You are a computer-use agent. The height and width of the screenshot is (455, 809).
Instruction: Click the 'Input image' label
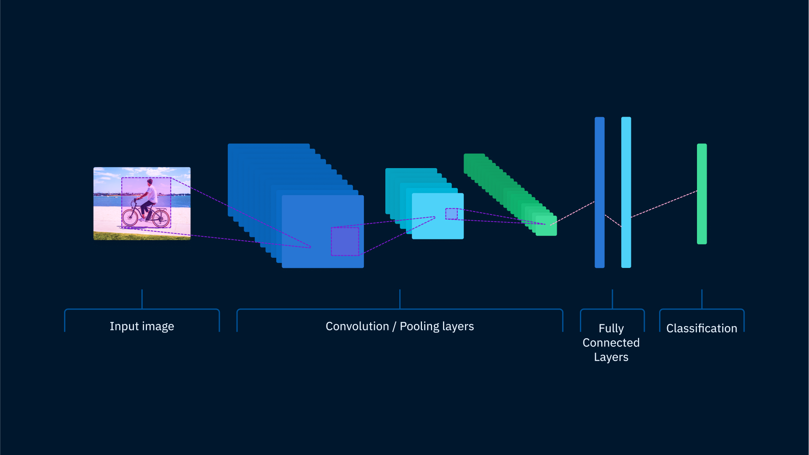(142, 327)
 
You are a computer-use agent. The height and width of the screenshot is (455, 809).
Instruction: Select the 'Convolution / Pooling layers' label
(400, 327)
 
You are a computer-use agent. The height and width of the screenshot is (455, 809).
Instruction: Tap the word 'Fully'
(611, 329)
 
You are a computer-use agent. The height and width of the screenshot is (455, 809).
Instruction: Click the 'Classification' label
(702, 328)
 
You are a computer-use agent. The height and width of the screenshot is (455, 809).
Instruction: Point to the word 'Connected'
(611, 343)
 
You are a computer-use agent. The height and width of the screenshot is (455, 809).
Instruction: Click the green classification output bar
(702, 194)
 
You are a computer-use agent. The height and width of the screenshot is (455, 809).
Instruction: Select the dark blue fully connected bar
(600, 193)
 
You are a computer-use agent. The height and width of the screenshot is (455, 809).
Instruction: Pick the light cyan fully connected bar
(626, 193)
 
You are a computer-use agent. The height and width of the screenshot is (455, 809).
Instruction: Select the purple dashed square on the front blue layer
(345, 241)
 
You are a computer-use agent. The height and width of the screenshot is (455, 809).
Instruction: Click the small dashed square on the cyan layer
(451, 214)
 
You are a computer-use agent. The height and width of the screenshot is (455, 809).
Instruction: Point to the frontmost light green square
(546, 226)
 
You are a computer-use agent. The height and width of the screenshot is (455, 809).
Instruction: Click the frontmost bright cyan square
(438, 216)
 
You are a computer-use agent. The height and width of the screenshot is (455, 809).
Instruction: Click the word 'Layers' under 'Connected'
(611, 357)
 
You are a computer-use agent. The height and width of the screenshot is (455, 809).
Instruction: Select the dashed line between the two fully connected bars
(613, 221)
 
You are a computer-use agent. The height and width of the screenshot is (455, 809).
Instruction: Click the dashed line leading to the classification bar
(664, 204)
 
